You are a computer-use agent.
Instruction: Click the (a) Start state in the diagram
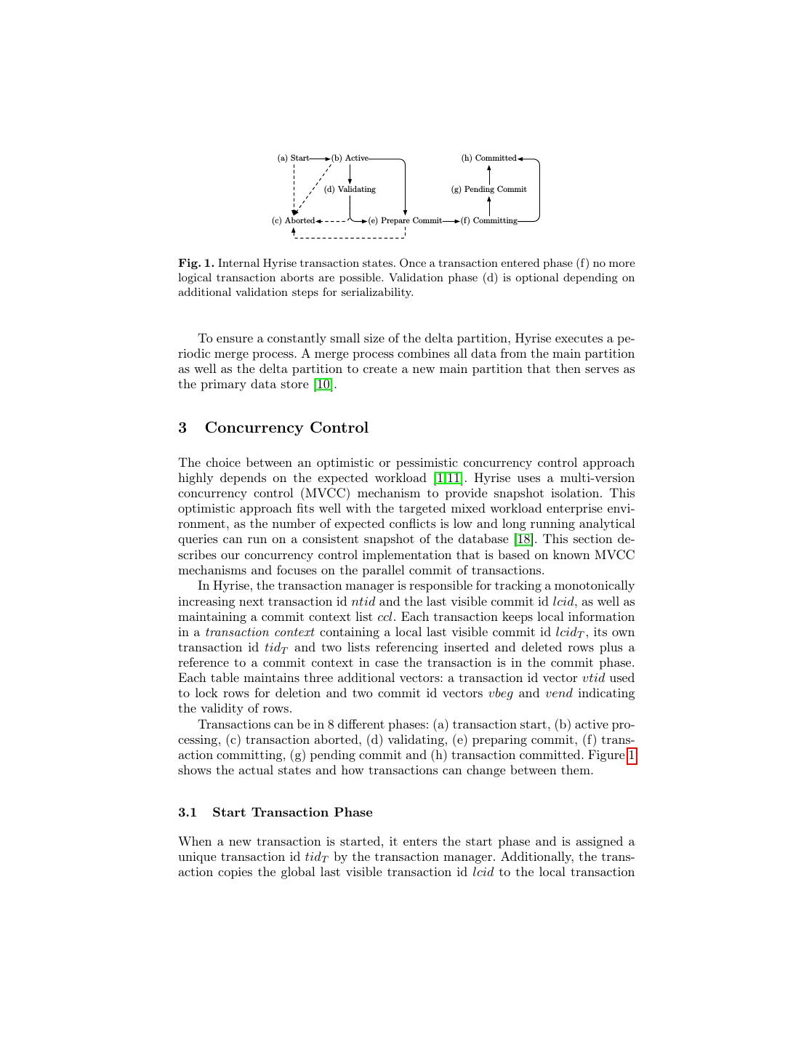(293, 158)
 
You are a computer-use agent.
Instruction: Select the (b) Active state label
(350, 158)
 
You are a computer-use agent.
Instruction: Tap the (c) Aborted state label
(293, 220)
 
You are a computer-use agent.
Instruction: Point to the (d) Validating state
(350, 189)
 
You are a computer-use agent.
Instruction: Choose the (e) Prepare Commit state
(405, 220)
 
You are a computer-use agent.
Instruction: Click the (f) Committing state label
(489, 220)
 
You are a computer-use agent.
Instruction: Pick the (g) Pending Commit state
(489, 189)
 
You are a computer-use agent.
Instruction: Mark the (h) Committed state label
(489, 158)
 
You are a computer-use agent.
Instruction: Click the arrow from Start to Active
(320, 158)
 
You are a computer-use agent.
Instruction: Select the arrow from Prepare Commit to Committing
(451, 220)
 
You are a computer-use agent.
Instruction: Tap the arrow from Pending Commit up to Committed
(489, 174)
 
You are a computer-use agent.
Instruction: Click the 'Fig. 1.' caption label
(196, 263)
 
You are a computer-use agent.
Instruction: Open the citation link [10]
(323, 385)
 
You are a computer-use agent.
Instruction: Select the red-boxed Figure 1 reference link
(632, 755)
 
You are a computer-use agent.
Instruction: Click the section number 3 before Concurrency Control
(182, 428)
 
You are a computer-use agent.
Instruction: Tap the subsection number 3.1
(188, 813)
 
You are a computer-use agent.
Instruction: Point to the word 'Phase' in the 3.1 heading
(353, 813)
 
